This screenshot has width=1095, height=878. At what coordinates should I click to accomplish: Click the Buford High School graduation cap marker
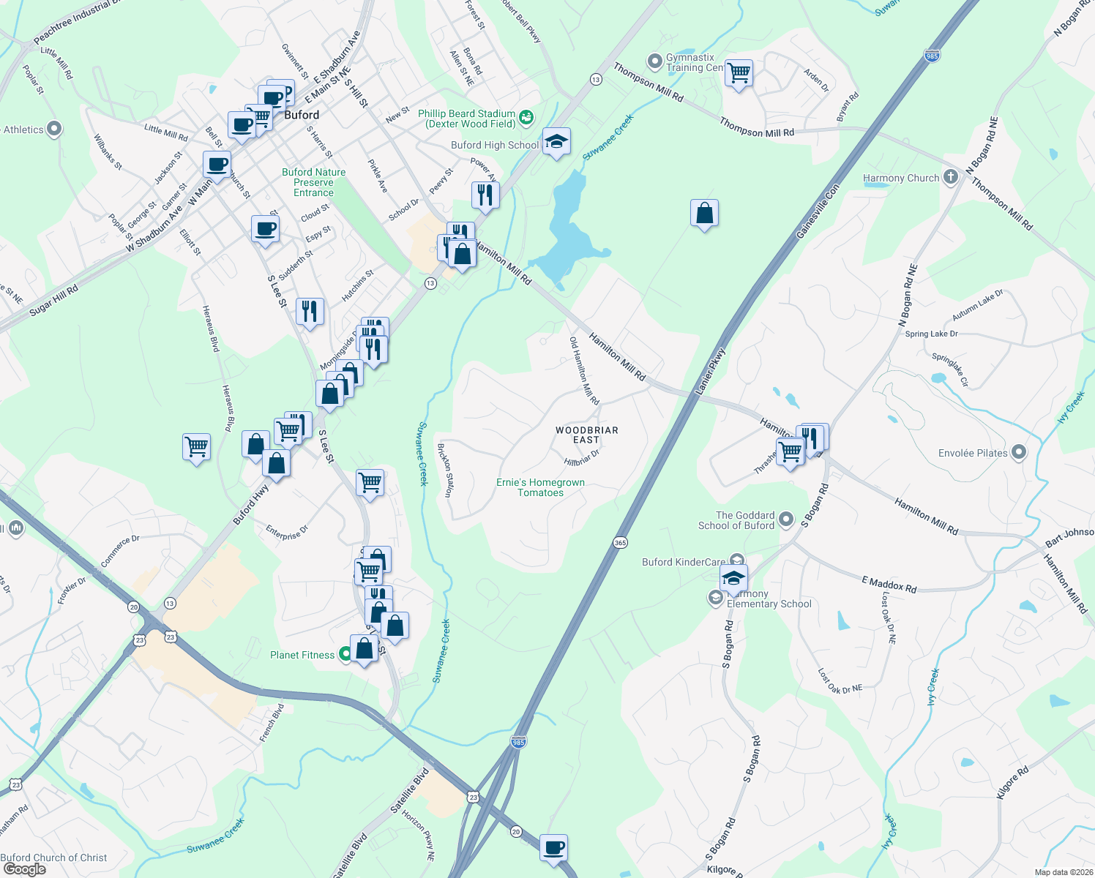[x=556, y=142]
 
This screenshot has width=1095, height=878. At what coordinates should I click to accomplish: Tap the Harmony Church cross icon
[x=950, y=177]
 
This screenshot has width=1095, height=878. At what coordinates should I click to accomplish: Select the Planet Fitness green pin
[x=345, y=654]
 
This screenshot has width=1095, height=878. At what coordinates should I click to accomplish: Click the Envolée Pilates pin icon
[x=1018, y=452]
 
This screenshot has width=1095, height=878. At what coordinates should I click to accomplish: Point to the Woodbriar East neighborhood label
[x=586, y=435]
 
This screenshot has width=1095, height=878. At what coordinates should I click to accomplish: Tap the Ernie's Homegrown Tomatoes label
[x=540, y=487]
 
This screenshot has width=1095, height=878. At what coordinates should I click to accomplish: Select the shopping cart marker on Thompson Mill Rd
[x=739, y=73]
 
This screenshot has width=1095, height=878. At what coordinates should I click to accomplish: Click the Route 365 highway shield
[x=620, y=542]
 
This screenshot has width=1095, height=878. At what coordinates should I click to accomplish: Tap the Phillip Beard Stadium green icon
[x=526, y=117]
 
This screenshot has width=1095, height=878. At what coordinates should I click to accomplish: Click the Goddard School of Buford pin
[x=785, y=519]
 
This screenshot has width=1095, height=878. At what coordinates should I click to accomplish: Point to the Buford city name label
[x=302, y=115]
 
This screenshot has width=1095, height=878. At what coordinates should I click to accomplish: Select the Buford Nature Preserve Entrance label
[x=313, y=182]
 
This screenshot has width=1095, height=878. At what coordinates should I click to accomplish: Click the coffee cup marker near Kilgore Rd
[x=554, y=847]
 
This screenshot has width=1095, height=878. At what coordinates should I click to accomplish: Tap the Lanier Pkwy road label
[x=711, y=372]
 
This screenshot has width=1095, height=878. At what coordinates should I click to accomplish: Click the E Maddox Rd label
[x=889, y=585]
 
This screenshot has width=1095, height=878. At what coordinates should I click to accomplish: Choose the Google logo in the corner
[x=24, y=868]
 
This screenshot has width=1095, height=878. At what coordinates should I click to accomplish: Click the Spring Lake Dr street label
[x=931, y=334]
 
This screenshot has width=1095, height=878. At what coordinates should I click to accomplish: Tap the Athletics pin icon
[x=53, y=129]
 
